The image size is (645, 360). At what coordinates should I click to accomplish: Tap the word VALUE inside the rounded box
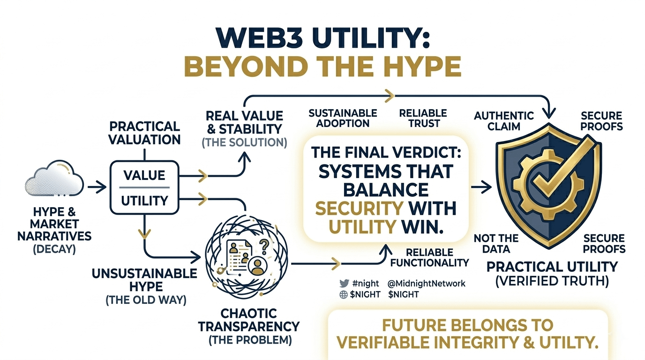click(x=144, y=175)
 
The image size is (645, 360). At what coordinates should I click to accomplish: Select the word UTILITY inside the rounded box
click(x=144, y=201)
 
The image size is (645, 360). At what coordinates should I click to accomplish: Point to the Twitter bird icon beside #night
click(x=344, y=284)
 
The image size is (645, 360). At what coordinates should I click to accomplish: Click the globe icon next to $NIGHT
click(x=344, y=294)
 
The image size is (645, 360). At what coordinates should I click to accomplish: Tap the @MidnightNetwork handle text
click(x=427, y=284)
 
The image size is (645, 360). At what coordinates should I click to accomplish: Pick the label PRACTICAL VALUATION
click(x=144, y=133)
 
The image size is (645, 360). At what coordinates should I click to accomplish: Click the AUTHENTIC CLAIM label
click(x=504, y=120)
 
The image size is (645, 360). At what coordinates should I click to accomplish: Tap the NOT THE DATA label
click(x=496, y=244)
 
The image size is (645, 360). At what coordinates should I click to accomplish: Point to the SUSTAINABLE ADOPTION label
click(x=343, y=118)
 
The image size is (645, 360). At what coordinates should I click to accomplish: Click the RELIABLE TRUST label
click(x=423, y=118)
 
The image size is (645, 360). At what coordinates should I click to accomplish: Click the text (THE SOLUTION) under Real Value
click(x=244, y=142)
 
